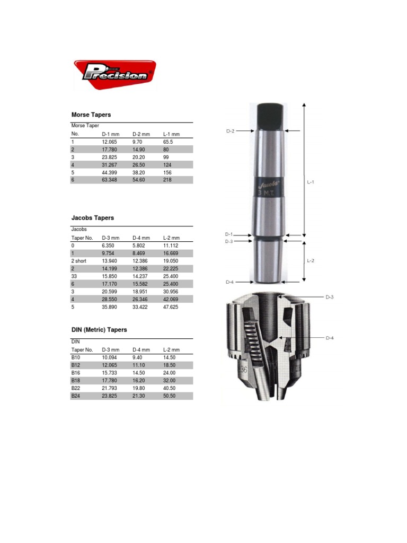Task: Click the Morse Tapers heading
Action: (91, 115)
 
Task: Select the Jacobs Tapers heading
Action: (93, 218)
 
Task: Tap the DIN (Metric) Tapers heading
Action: (99, 330)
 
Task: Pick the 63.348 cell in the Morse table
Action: (110, 180)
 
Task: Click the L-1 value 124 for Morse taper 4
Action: (169, 165)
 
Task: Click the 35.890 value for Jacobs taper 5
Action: (110, 306)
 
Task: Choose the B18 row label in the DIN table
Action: (76, 380)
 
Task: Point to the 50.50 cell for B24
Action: (170, 396)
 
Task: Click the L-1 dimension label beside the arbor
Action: (311, 181)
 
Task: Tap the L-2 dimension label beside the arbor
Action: (311, 261)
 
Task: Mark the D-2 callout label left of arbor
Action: (230, 131)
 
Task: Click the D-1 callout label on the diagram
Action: (229, 234)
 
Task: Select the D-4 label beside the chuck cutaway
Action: (330, 338)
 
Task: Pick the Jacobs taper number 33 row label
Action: (75, 276)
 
